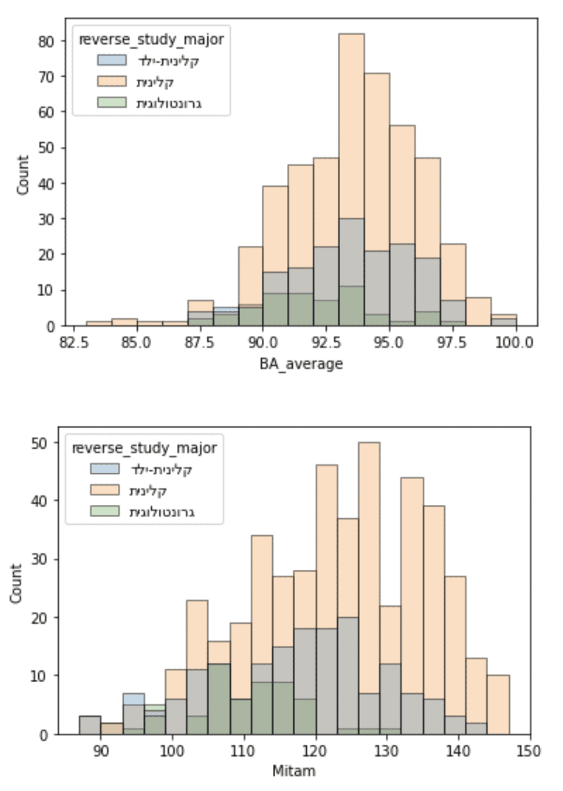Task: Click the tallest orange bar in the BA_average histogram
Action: (351, 124)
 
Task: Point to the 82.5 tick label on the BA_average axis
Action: (73, 342)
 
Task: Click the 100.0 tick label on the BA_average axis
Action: (515, 342)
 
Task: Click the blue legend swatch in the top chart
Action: (112, 61)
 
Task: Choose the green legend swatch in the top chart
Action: (112, 103)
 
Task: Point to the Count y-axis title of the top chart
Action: (23, 175)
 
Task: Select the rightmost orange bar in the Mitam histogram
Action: (498, 704)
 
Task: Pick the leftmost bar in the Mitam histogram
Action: (90, 725)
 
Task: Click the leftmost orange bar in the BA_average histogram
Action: (99, 323)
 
